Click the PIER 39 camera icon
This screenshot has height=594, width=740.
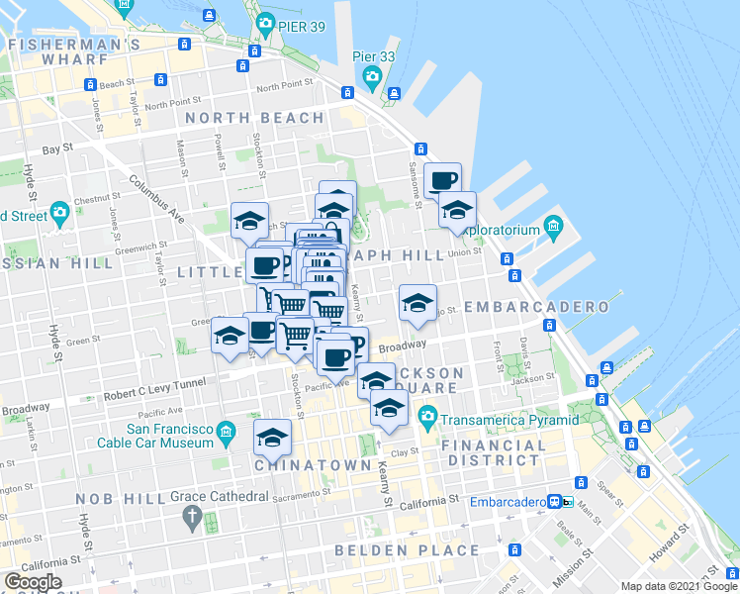click(264, 23)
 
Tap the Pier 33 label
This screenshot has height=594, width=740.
click(374, 56)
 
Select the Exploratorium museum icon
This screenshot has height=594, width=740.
click(553, 230)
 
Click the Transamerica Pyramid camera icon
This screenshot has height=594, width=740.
click(427, 414)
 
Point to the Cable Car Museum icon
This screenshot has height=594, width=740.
click(227, 431)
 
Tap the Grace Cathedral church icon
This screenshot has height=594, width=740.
click(192, 517)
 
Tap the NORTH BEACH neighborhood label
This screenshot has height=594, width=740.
click(254, 119)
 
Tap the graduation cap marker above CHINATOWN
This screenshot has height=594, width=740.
click(273, 436)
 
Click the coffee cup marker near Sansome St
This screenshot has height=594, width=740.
click(442, 180)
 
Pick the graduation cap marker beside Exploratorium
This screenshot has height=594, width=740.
click(456, 210)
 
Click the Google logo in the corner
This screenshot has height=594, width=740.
click(34, 582)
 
